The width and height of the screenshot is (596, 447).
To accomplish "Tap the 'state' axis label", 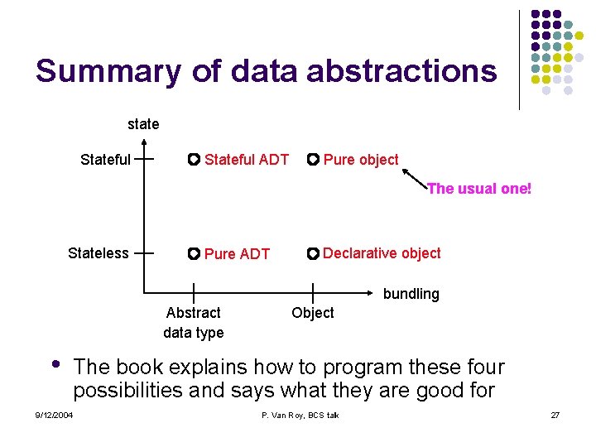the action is [x=143, y=124].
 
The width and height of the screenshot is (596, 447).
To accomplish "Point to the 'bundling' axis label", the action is [x=411, y=294].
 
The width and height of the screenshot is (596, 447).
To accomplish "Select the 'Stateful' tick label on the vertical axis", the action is [x=105, y=160].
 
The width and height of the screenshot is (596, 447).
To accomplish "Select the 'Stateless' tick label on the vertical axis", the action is [x=99, y=253].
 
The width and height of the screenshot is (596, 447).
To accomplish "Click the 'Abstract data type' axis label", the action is [x=194, y=322].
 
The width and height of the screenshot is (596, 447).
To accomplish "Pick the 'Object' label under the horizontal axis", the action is [x=313, y=313].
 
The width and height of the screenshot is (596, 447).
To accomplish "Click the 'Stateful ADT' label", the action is [x=247, y=160].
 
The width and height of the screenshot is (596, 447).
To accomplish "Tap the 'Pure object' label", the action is [x=361, y=160].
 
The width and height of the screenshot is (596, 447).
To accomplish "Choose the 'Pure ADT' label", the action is [x=237, y=254].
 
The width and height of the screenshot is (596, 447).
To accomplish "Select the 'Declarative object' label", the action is [x=382, y=253].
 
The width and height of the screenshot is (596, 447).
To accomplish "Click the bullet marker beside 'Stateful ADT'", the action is [x=193, y=159].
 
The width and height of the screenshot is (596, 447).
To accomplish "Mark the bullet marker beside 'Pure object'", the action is [x=312, y=159].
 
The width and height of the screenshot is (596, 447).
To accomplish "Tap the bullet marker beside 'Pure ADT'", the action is [x=193, y=253].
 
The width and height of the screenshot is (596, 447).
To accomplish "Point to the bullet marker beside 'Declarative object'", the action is [x=312, y=253].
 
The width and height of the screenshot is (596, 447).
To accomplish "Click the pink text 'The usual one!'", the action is [x=478, y=189].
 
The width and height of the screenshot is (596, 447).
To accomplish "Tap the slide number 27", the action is [x=555, y=415].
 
